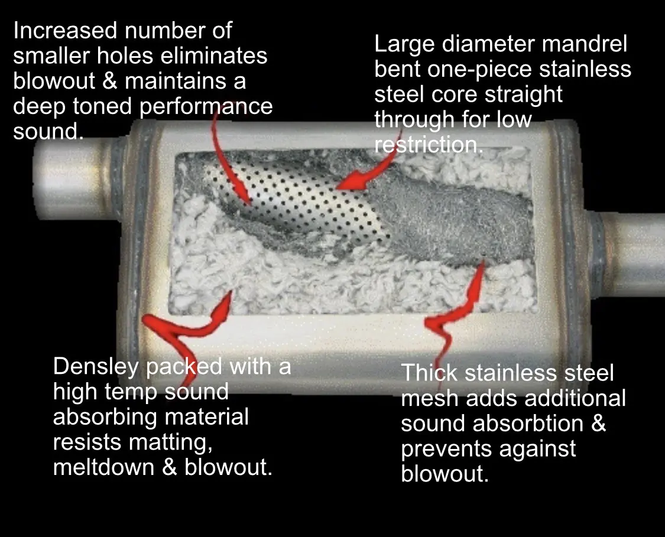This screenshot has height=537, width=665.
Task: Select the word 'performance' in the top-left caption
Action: pos(206,106)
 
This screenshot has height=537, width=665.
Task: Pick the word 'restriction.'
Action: pos(429,145)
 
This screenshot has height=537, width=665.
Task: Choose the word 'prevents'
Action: pos(446,449)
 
